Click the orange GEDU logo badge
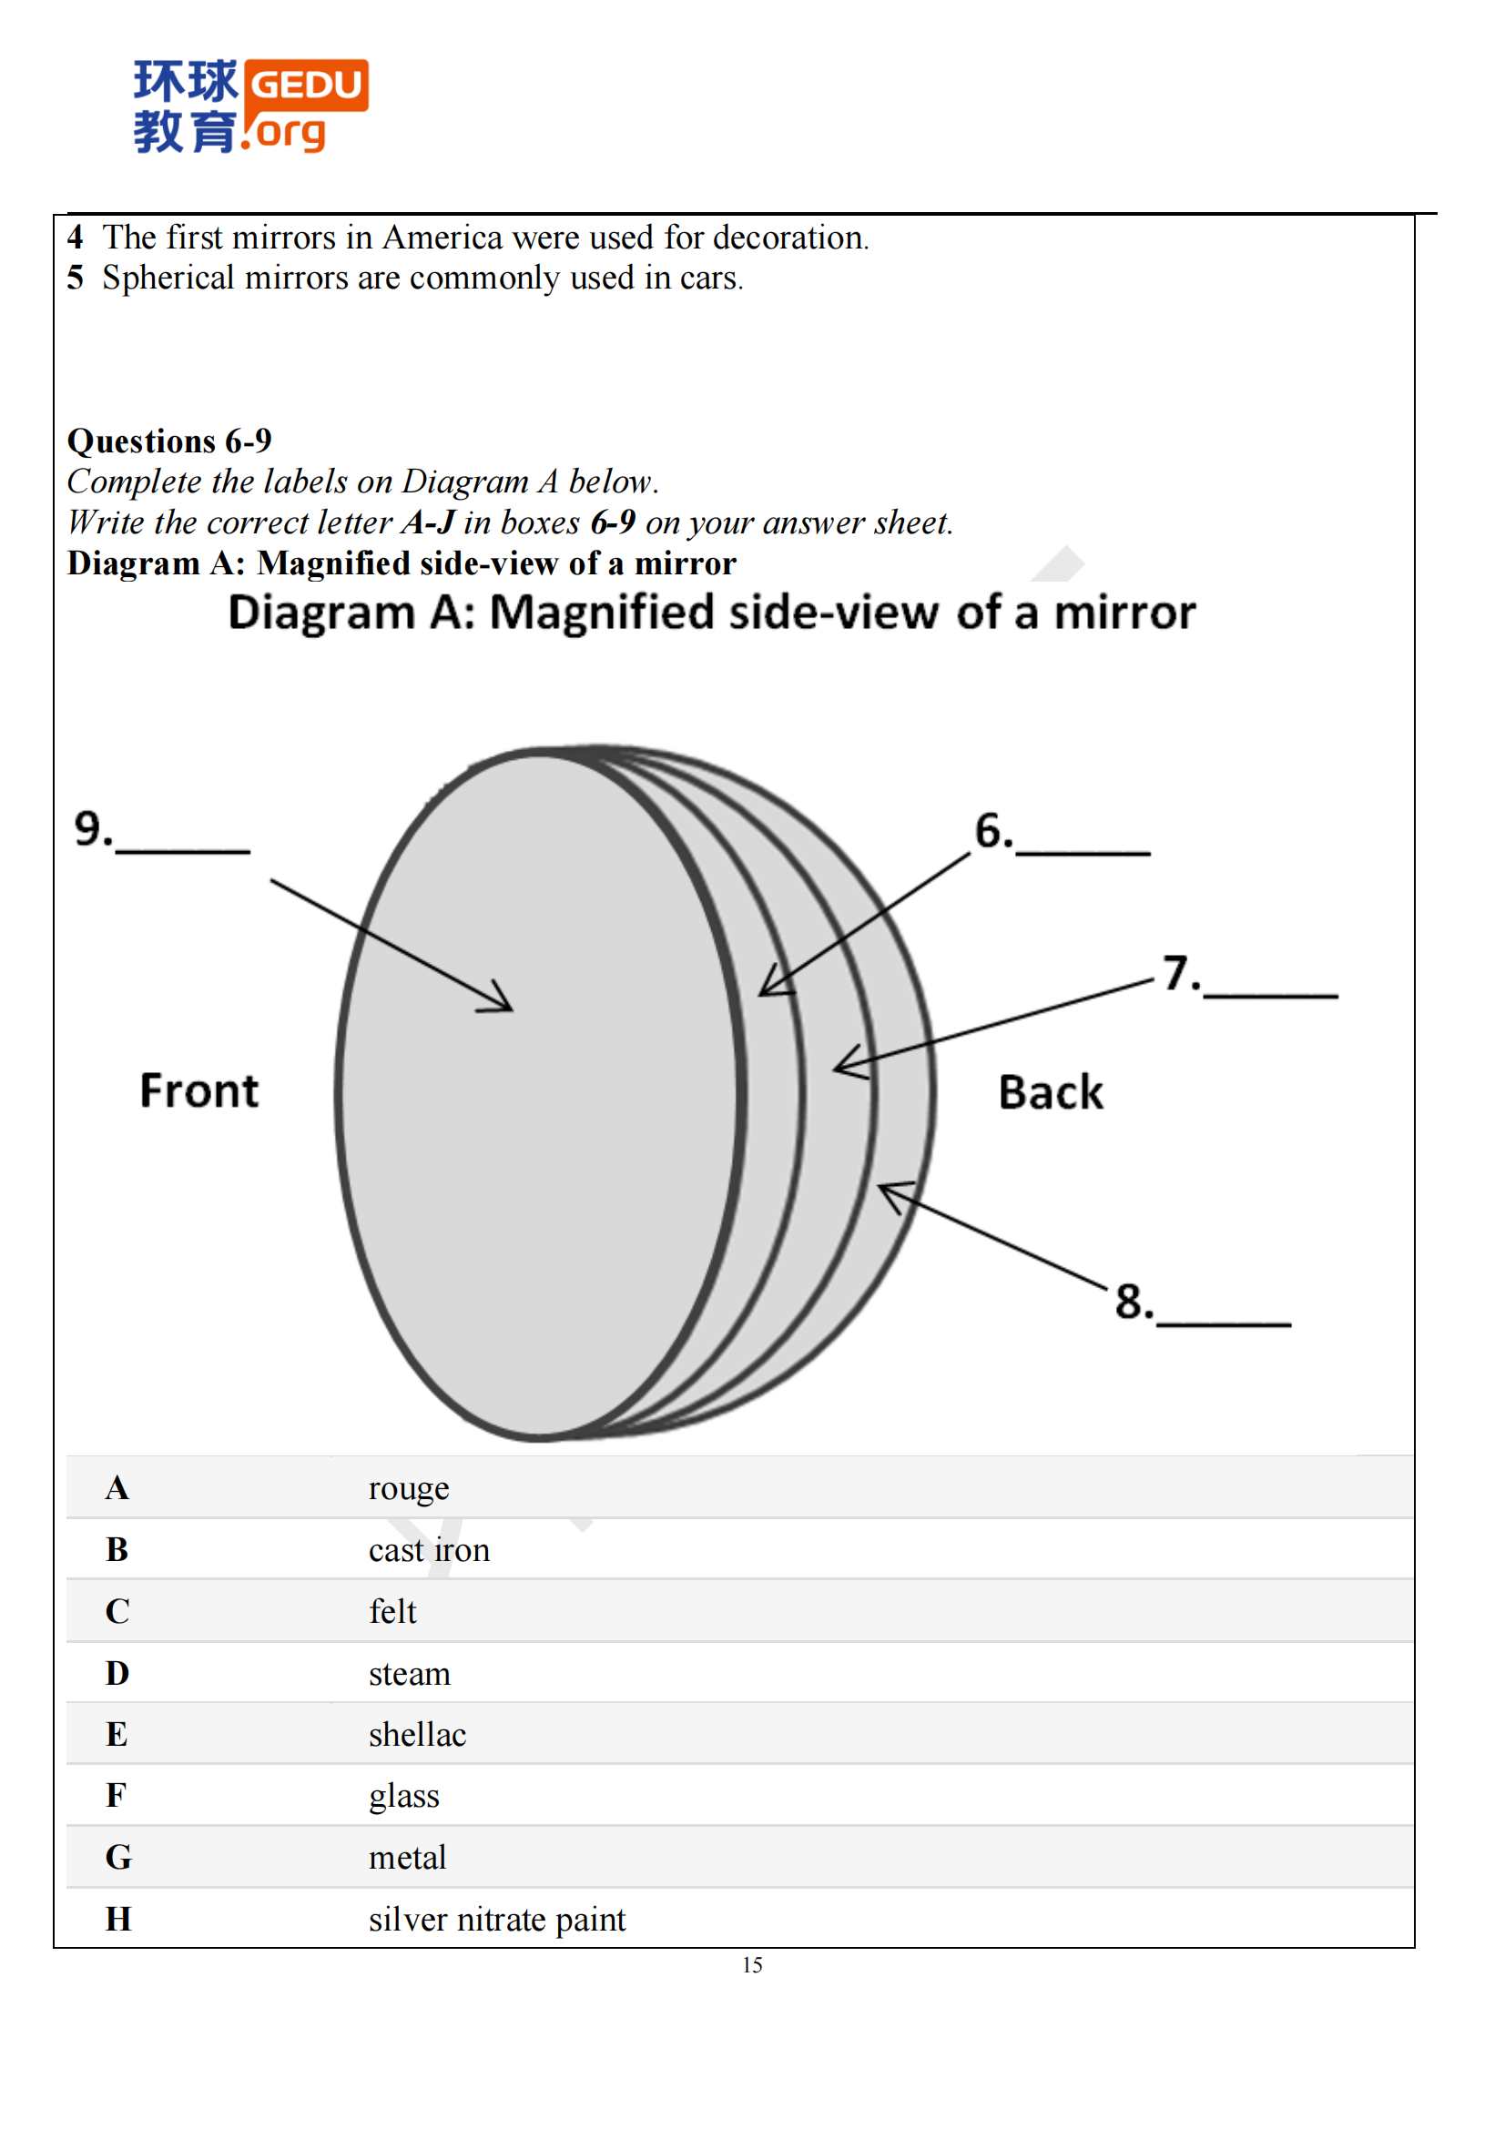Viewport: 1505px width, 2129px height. pos(306,86)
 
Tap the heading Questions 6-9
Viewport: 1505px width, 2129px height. pos(168,441)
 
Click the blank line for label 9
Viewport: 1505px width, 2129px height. pos(182,848)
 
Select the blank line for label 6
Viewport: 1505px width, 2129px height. pos(1083,850)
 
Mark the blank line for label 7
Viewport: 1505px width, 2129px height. pos(1269,994)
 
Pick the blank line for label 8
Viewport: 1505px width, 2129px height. pos(1223,1323)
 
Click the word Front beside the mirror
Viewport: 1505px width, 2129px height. pos(198,1090)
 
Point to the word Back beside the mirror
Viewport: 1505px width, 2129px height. pos(1050,1092)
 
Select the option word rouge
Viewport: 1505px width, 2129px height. pos(408,1488)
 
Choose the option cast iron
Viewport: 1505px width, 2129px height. pos(429,1550)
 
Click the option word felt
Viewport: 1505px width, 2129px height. pos(392,1612)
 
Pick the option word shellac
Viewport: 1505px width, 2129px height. pos(417,1735)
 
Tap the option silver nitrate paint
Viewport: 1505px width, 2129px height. pos(496,1920)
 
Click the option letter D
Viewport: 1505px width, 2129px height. pos(117,1674)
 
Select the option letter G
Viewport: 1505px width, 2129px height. pos(117,1858)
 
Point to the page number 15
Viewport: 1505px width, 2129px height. pos(752,1965)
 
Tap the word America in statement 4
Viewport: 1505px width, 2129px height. pos(442,238)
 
